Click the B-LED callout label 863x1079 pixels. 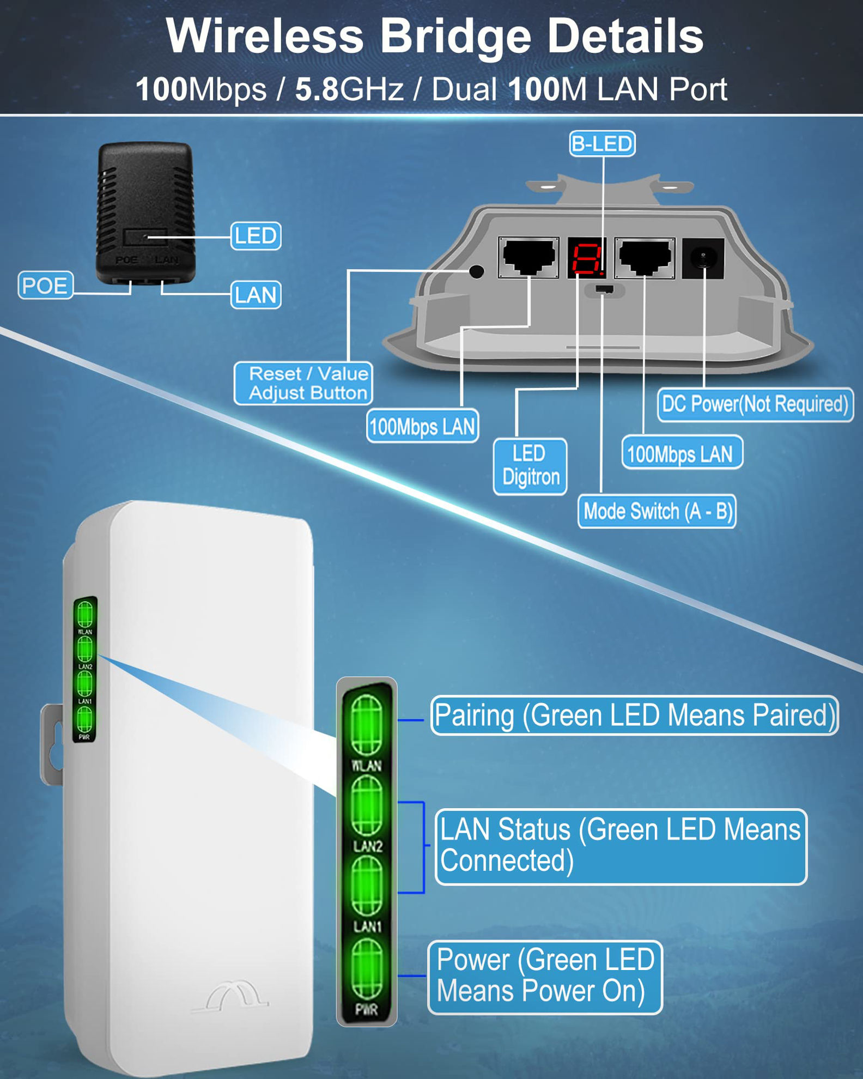point(602,144)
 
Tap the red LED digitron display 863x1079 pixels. point(586,257)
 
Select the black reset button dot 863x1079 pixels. point(477,271)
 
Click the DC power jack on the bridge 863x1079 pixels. point(703,257)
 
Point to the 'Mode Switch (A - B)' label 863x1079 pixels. point(657,511)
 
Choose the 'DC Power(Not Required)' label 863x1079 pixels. point(755,404)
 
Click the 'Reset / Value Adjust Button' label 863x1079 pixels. point(304,383)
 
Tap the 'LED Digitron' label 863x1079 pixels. point(530,466)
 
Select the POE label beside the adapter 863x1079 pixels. point(45,285)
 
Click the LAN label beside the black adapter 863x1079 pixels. point(256,295)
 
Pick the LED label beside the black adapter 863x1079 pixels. point(256,236)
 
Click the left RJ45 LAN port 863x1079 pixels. point(528,257)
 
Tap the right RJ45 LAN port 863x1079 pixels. point(645,257)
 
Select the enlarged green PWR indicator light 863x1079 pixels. point(367,970)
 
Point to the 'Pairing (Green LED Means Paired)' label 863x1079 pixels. point(634,715)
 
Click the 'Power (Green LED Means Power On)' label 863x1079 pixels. point(545,977)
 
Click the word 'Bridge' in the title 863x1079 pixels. point(455,36)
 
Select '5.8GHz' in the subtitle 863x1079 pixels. point(349,89)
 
